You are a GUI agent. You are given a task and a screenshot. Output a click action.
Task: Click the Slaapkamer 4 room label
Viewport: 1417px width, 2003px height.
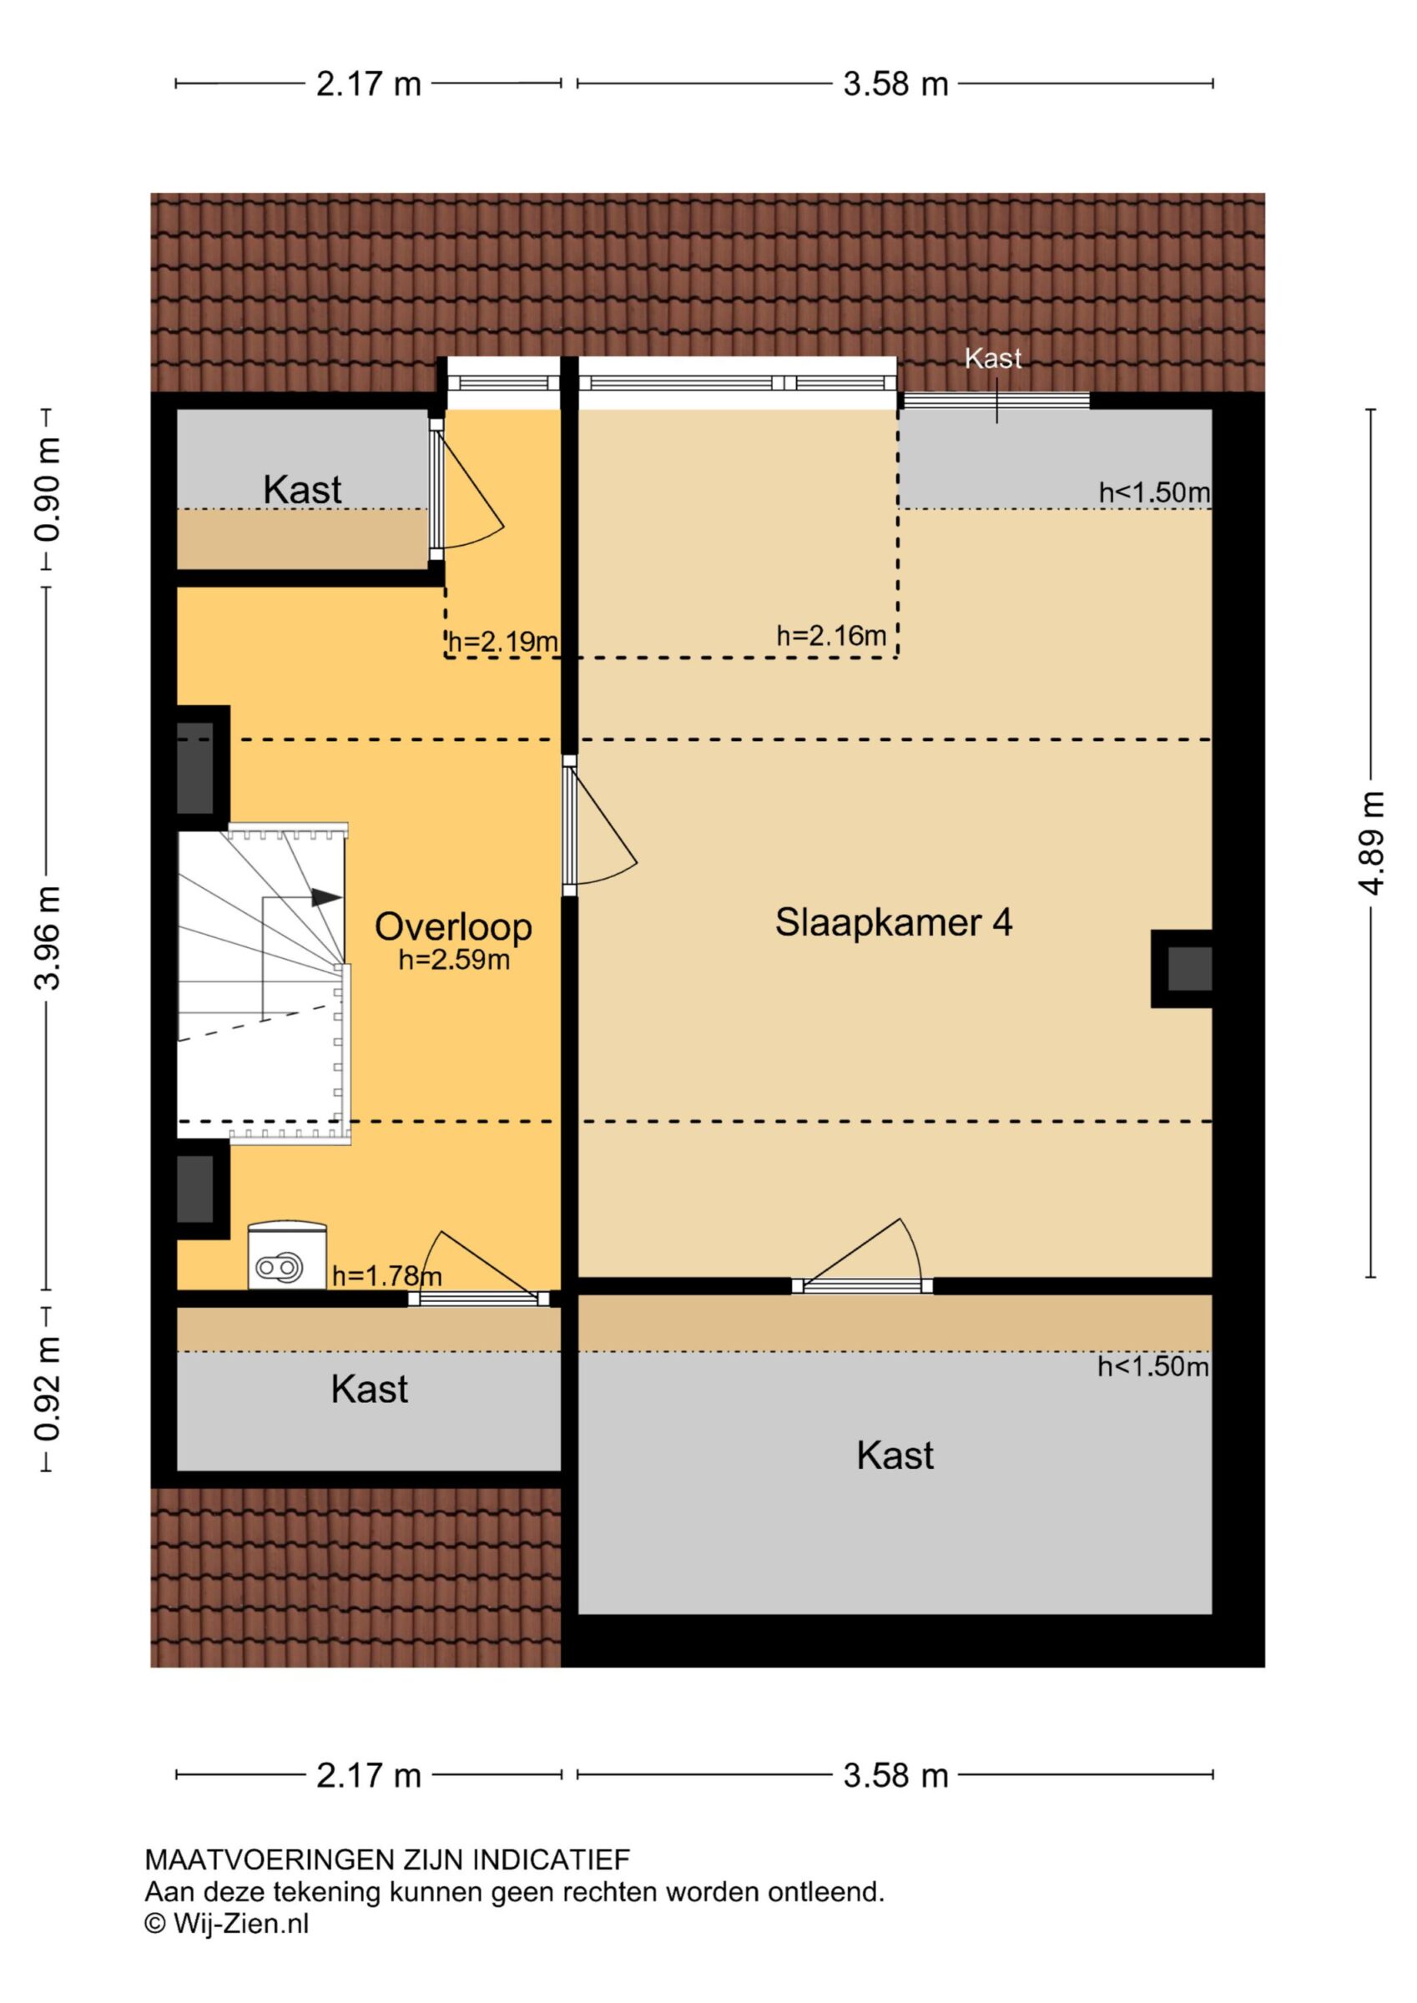pos(894,923)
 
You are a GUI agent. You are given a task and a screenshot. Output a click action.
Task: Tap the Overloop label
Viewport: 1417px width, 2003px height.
pos(453,927)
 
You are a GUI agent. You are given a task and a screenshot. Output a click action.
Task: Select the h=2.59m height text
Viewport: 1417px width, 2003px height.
pos(454,960)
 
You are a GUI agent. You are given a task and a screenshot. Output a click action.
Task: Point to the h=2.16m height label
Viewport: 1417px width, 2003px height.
pos(831,636)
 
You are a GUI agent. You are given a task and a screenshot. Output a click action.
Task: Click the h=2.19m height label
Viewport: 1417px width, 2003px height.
pos(502,642)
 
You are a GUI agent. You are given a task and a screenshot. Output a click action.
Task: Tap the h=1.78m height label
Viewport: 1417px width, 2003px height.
pos(386,1276)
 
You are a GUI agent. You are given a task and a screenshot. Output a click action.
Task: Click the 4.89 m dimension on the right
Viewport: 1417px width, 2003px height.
pos(1371,843)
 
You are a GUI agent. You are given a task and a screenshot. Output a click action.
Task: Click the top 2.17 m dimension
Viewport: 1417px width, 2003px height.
pos(368,84)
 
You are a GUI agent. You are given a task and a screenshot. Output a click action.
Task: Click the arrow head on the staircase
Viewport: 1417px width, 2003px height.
pos(327,897)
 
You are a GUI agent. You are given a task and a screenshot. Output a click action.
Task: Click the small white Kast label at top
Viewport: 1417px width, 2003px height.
pos(993,358)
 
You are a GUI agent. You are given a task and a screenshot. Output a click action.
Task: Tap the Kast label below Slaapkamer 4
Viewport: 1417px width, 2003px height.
pos(895,1456)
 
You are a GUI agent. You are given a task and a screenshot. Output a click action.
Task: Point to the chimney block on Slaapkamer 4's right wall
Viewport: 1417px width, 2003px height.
pos(1183,968)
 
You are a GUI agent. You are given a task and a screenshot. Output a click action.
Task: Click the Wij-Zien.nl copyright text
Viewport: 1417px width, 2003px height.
pos(227,1924)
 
